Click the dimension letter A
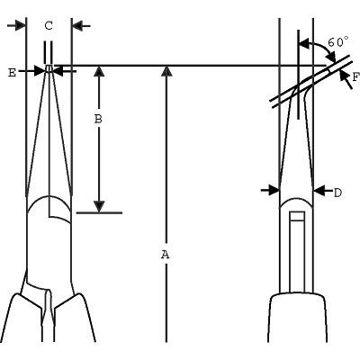tap(166, 255)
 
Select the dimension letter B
tap(98, 119)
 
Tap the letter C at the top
tap(49, 26)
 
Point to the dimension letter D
tap(337, 193)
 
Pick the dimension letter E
tap(12, 73)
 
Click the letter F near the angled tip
tap(355, 77)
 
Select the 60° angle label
tap(338, 42)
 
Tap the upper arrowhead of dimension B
tap(99, 72)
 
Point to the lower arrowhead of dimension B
tap(99, 206)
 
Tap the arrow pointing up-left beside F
tap(346, 77)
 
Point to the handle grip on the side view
tap(297, 318)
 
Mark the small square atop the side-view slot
tap(297, 216)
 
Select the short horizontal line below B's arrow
tap(99, 213)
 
